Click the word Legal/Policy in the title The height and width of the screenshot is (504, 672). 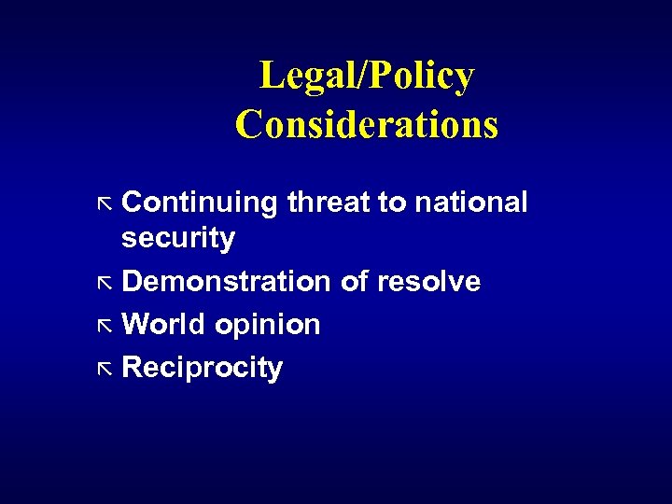point(366,77)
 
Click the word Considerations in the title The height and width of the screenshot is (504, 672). point(366,124)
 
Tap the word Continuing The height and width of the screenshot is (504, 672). point(200,203)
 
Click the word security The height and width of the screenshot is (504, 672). point(178,239)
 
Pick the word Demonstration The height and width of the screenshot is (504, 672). point(227,282)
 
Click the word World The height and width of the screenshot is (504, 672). point(162,325)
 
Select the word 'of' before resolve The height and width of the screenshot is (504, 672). point(355,282)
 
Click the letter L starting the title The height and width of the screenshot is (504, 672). point(270,77)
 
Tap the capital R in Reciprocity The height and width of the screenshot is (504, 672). point(133,368)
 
